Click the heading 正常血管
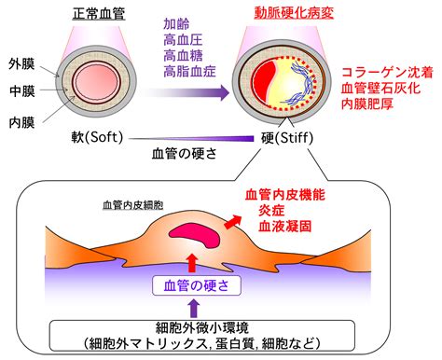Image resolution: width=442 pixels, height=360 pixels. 99,14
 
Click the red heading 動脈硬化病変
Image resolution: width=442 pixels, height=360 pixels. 294,13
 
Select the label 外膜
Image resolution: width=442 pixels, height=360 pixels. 21,64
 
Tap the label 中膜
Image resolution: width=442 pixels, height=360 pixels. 22,91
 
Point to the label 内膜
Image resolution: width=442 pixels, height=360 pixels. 21,122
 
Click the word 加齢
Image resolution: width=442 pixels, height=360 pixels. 176,24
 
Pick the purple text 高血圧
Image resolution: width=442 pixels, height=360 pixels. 183,40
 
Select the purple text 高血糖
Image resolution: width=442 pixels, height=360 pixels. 183,56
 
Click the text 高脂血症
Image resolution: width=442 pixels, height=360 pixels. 189,72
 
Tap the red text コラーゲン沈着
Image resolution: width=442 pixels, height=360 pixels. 387,73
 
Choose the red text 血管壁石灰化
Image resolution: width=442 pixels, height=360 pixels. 380,89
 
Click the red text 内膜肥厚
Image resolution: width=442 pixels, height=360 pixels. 367,104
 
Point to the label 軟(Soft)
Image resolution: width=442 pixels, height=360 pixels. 97,137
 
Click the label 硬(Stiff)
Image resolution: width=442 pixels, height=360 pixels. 287,138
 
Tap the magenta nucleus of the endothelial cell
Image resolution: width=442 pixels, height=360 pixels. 195,234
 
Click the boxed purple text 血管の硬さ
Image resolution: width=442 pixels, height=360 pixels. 197,285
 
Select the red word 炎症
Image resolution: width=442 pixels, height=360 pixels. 271,211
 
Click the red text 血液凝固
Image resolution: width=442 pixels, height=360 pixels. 284,227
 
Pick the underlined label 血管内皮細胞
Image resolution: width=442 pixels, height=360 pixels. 133,205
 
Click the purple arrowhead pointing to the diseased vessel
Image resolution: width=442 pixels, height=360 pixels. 225,92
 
